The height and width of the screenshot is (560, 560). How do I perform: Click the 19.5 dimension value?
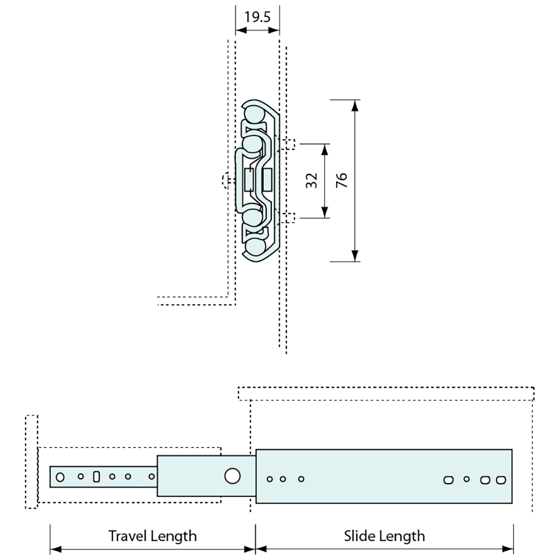(257, 17)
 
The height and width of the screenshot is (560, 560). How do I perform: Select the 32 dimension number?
(312, 180)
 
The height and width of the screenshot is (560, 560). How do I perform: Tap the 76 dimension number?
(342, 180)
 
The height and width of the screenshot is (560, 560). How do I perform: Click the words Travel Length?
(152, 536)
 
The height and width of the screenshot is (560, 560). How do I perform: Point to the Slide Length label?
(384, 536)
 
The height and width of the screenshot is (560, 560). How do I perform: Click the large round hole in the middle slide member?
(232, 476)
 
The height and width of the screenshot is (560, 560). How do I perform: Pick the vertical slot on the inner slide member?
(96, 477)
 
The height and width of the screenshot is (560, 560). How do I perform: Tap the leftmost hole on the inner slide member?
(61, 477)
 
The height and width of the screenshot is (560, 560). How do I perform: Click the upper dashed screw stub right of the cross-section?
(290, 144)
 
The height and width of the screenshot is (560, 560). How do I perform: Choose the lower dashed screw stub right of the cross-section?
(290, 217)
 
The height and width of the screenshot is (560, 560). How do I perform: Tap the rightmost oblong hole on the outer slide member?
(501, 480)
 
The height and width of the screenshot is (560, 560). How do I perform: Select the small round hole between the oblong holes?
(466, 479)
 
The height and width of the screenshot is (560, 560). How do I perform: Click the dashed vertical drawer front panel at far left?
(31, 461)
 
